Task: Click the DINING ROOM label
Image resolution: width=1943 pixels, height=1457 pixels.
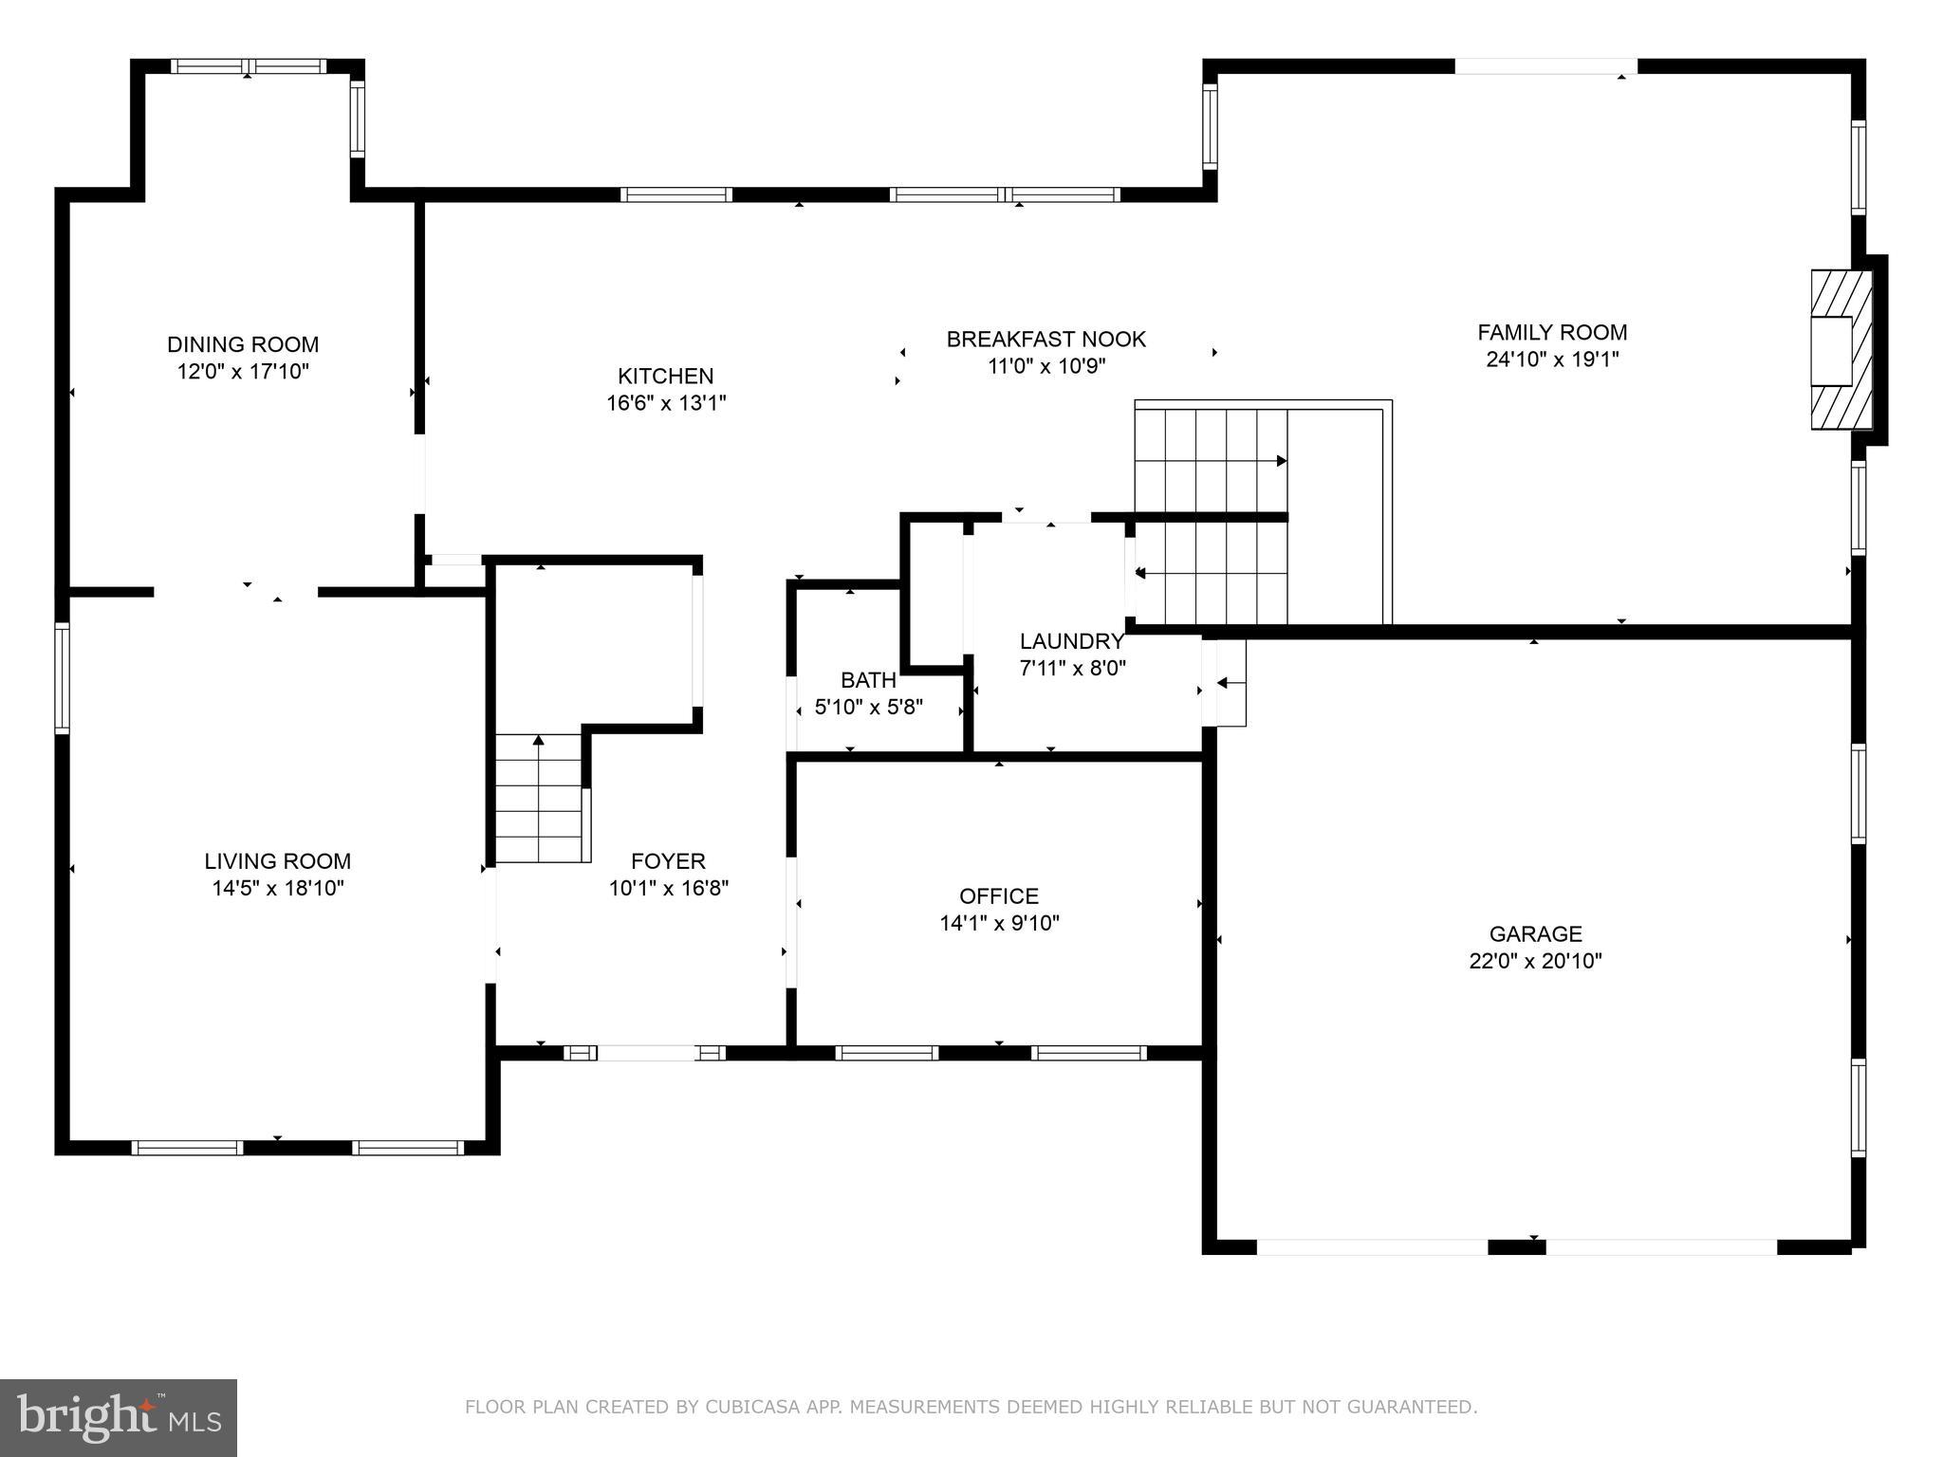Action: [243, 344]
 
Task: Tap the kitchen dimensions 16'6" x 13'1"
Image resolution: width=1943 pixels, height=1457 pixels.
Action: [666, 403]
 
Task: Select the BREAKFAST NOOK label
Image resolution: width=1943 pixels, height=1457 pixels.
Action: [1046, 339]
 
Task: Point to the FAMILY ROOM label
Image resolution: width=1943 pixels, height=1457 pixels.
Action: [1551, 332]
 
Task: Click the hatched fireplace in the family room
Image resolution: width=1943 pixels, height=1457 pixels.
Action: [1840, 349]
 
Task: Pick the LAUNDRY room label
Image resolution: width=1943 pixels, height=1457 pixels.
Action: [1071, 640]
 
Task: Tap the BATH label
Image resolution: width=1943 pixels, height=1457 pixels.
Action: [868, 680]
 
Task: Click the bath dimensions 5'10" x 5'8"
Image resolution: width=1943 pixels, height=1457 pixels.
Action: [868, 707]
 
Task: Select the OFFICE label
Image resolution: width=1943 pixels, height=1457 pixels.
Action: [998, 895]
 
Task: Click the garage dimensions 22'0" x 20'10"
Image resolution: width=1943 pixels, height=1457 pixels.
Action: [1534, 961]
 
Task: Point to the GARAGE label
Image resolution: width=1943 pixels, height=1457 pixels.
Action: [1534, 933]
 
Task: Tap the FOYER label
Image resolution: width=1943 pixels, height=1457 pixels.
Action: [668, 861]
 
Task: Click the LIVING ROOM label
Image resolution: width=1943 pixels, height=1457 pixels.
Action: [277, 861]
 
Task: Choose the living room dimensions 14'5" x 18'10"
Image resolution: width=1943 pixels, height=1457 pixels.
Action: [277, 889]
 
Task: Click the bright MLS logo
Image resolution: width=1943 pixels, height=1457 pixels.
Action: [119, 1418]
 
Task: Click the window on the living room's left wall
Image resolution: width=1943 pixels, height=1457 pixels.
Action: [63, 678]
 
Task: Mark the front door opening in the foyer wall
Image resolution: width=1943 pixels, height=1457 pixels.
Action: [645, 1052]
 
